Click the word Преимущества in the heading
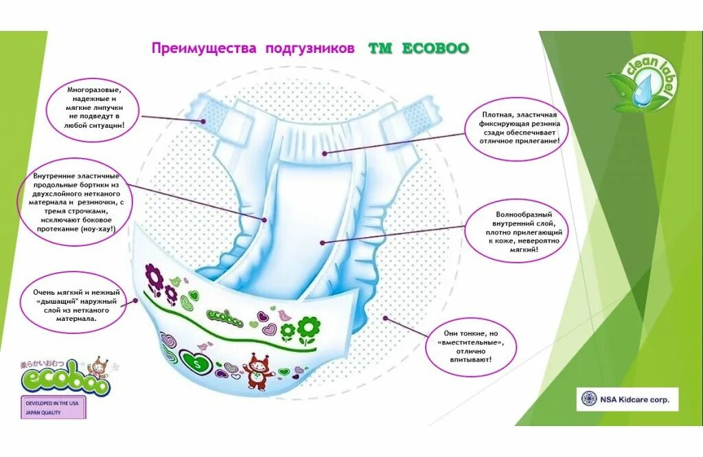coord(204,49)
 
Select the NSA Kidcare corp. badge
coord(627,399)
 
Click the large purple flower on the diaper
coord(154,278)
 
